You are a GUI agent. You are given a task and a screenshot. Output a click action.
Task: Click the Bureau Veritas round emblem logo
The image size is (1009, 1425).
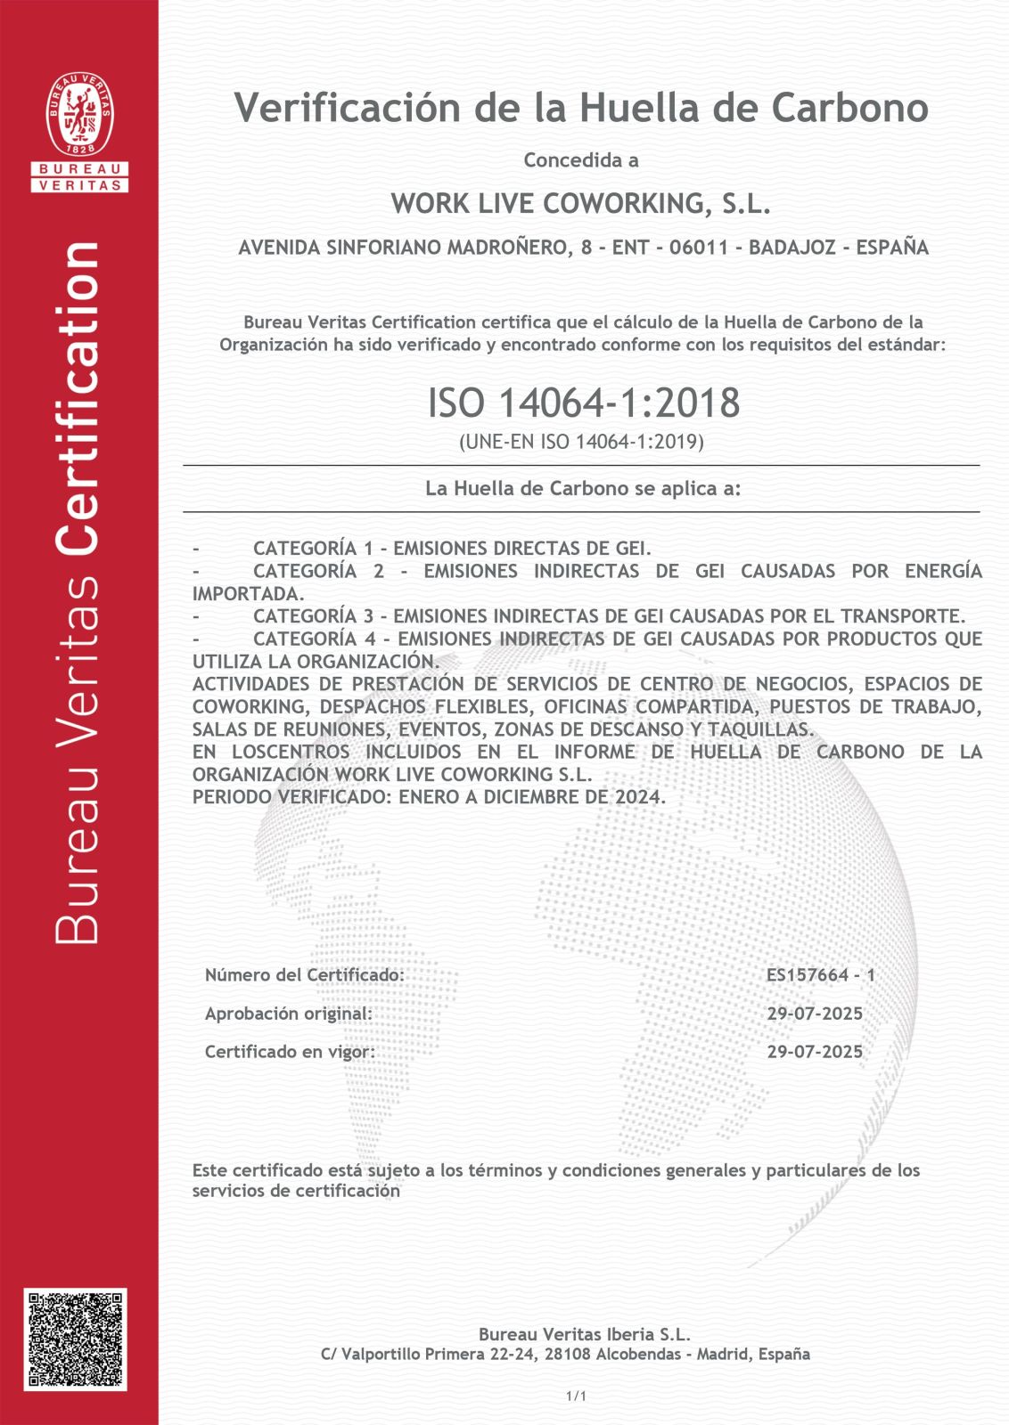[x=79, y=115]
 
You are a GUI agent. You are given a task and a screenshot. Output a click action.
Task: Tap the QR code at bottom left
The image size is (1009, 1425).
[x=75, y=1339]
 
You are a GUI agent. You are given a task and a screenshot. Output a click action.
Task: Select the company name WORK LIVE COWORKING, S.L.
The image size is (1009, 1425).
[x=580, y=204]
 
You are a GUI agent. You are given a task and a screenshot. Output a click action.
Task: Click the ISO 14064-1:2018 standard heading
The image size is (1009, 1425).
[x=584, y=403]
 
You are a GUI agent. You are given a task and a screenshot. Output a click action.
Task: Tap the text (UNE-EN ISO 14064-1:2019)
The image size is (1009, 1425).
[x=581, y=442]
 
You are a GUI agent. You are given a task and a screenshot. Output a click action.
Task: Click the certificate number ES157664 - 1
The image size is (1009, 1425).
[x=820, y=974]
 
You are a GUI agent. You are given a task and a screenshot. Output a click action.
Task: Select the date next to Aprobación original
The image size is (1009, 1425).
[x=815, y=1014]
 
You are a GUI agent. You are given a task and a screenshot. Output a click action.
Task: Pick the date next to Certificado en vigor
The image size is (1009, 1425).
[x=815, y=1052]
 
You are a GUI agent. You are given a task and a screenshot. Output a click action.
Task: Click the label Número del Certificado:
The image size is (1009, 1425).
[x=305, y=975]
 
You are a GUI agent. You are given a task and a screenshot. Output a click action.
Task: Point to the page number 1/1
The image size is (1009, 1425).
[x=576, y=1396]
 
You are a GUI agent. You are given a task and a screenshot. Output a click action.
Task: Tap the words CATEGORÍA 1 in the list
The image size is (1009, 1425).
[x=312, y=549]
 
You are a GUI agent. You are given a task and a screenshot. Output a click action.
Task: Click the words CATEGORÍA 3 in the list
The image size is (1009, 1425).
[x=312, y=616]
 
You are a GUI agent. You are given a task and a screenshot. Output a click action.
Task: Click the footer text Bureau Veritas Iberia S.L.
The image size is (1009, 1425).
[x=584, y=1334]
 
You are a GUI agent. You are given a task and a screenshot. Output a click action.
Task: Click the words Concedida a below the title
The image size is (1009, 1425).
[x=581, y=160]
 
